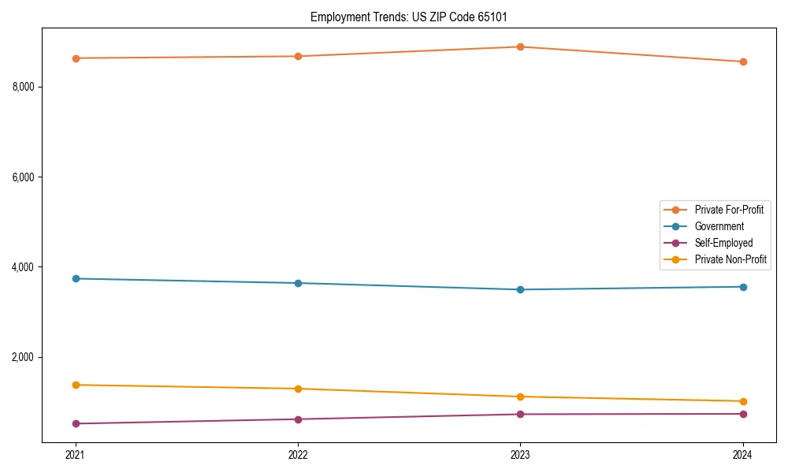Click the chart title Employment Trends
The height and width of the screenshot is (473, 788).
pos(414,17)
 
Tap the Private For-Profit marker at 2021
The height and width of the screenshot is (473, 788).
pos(76,58)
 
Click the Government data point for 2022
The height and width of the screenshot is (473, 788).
pos(298,283)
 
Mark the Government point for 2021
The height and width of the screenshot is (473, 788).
pos(76,278)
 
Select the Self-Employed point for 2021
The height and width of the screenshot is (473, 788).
pos(76,423)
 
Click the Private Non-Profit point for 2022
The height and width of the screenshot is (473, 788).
pos(298,389)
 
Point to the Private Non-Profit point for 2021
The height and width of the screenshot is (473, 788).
pos(76,385)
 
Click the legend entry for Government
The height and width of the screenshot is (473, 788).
pos(719,226)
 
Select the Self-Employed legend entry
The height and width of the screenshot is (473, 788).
pos(723,243)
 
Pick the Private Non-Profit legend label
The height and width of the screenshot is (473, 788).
pos(730,259)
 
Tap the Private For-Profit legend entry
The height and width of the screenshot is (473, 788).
pos(728,210)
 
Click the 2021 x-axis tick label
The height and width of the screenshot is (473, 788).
pos(76,454)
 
